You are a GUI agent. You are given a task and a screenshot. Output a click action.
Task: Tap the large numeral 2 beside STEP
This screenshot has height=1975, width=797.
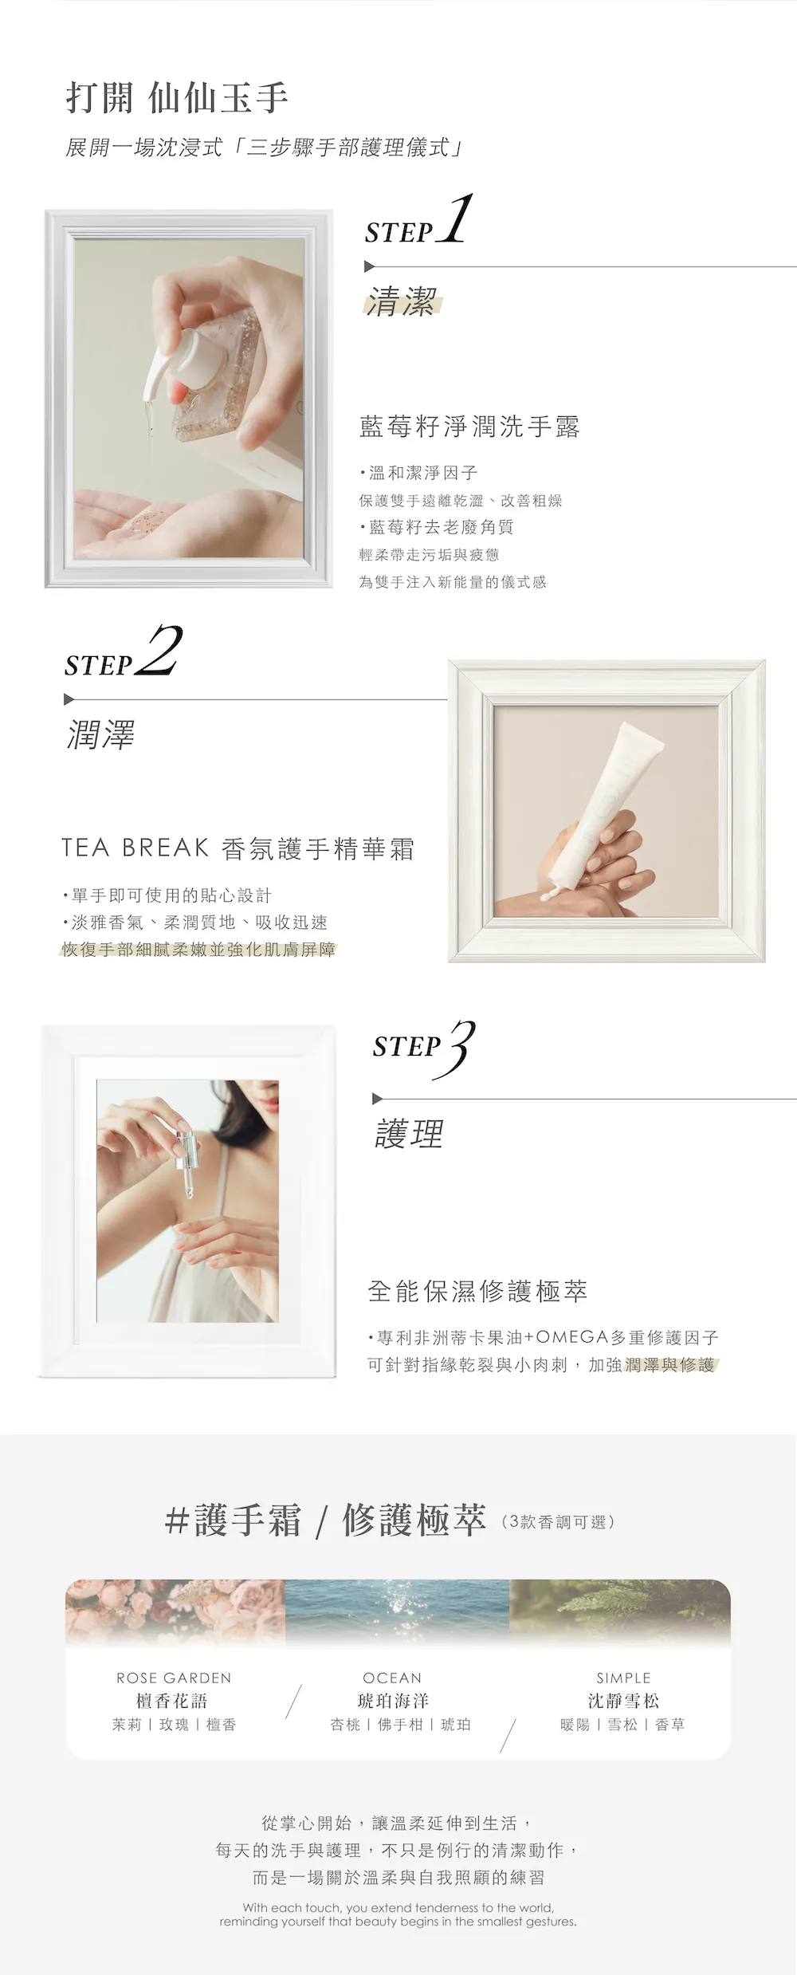pyautogui.click(x=159, y=651)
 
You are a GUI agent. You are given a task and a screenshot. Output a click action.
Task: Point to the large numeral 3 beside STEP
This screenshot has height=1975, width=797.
pyautogui.click(x=461, y=1048)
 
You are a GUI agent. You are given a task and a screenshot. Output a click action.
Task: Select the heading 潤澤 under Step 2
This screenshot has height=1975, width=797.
pyautogui.click(x=100, y=734)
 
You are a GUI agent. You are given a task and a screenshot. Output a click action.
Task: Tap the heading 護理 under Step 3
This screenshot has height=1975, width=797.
pyautogui.click(x=409, y=1133)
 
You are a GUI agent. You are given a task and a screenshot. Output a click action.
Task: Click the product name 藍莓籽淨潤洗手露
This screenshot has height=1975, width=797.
pyautogui.click(x=469, y=427)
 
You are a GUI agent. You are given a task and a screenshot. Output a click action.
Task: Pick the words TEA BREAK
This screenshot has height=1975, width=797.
pyautogui.click(x=135, y=848)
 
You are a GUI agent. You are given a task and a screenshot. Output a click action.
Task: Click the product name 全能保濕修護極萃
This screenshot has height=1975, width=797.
pyautogui.click(x=477, y=1291)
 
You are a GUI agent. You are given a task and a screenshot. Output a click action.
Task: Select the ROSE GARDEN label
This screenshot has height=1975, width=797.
pyautogui.click(x=174, y=1678)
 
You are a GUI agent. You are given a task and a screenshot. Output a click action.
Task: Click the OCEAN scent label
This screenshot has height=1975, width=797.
pyautogui.click(x=392, y=1678)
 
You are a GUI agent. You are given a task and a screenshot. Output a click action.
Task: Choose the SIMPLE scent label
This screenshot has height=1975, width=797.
pyautogui.click(x=623, y=1678)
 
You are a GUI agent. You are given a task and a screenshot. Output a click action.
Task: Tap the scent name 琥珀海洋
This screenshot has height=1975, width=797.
pyautogui.click(x=393, y=1701)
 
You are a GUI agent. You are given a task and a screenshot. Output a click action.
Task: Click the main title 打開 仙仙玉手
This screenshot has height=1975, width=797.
pyautogui.click(x=177, y=98)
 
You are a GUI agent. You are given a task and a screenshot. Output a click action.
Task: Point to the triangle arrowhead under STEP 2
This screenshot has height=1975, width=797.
pyautogui.click(x=69, y=699)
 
